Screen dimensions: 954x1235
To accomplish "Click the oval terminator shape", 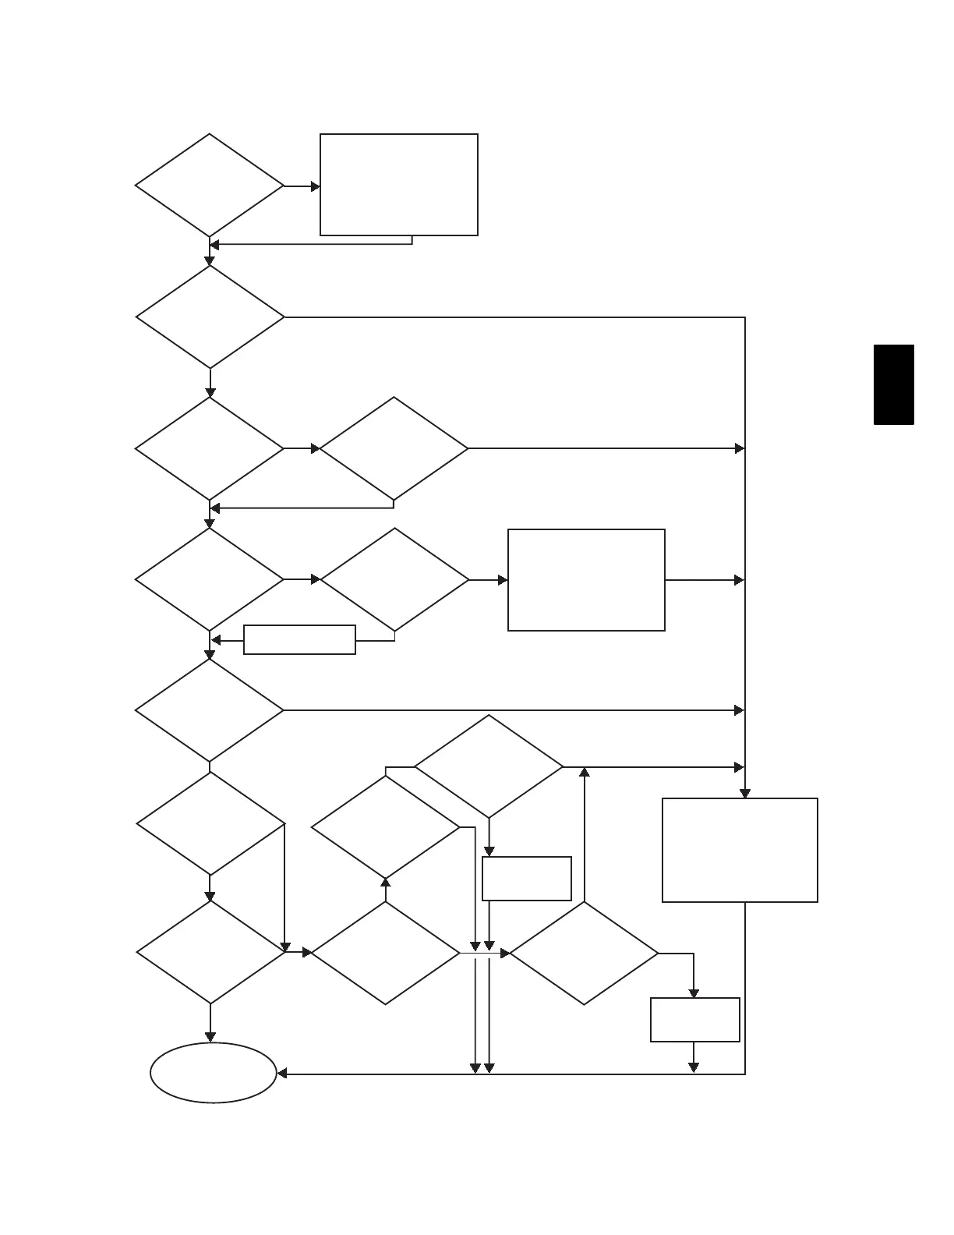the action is pyautogui.click(x=213, y=1073).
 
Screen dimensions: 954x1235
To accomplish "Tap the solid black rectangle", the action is pyautogui.click(x=893, y=384).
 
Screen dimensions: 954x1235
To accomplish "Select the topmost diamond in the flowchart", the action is pyautogui.click(x=209, y=186).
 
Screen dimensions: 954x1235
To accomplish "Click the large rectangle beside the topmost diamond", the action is pyautogui.click(x=398, y=185).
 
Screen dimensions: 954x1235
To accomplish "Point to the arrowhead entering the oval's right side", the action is pyautogui.click(x=282, y=1074).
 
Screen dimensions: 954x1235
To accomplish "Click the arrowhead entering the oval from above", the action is pyautogui.click(x=210, y=1037).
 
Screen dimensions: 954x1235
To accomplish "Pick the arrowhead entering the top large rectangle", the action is pyautogui.click(x=316, y=186).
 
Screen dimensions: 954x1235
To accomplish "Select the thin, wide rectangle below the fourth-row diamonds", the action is pyautogui.click(x=299, y=639).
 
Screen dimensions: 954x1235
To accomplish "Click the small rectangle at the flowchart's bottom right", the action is pyautogui.click(x=694, y=1019).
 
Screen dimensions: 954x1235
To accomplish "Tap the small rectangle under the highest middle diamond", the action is pyautogui.click(x=526, y=878).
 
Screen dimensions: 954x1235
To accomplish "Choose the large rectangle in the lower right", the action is pyautogui.click(x=740, y=850).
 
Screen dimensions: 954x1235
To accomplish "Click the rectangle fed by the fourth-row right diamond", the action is pyautogui.click(x=586, y=580).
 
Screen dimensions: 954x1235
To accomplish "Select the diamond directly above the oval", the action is pyautogui.click(x=210, y=952).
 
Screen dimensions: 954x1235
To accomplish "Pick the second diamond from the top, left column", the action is pyautogui.click(x=210, y=317).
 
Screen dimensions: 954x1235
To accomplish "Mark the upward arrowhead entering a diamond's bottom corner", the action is pyautogui.click(x=385, y=882).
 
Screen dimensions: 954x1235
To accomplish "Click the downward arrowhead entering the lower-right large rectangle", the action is pyautogui.click(x=745, y=794).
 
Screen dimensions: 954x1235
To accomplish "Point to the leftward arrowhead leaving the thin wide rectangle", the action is pyautogui.click(x=217, y=640).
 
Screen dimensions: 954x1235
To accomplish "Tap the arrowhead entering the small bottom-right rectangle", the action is pyautogui.click(x=694, y=993).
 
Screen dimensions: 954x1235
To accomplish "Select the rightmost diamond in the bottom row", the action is pyautogui.click(x=584, y=953).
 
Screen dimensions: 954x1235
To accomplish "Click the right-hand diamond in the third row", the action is pyautogui.click(x=394, y=448).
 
